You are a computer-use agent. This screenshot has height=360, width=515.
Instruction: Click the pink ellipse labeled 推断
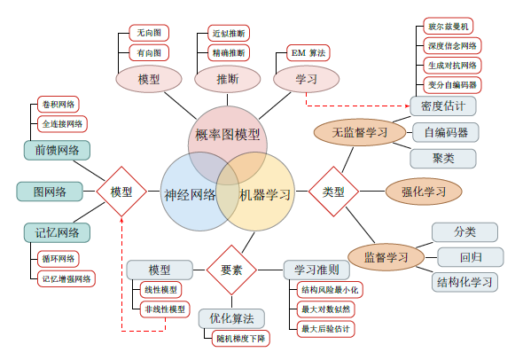pyautogui.click(x=227, y=79)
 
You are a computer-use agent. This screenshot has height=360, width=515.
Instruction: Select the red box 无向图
pyautogui.click(x=149, y=33)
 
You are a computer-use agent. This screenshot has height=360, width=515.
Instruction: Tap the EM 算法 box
pyautogui.click(x=308, y=53)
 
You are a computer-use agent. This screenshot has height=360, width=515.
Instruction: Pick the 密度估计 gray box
pyautogui.click(x=443, y=106)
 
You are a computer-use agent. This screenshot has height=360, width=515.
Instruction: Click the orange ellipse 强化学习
pyautogui.click(x=424, y=192)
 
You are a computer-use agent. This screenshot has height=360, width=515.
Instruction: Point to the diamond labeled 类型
pyautogui.click(x=333, y=192)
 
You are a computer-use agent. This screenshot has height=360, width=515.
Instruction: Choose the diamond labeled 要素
pyautogui.click(x=231, y=270)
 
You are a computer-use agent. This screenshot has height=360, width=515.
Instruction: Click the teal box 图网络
pyautogui.click(x=50, y=192)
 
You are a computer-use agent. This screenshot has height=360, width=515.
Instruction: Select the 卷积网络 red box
pyautogui.click(x=59, y=105)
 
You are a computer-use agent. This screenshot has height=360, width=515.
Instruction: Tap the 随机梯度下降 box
pyautogui.click(x=241, y=339)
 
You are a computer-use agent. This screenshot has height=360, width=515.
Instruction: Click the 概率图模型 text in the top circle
pyautogui.click(x=227, y=135)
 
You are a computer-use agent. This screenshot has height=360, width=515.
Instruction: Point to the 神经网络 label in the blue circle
pyautogui.click(x=190, y=195)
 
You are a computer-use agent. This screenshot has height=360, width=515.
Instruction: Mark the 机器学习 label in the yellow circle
pyautogui.click(x=265, y=195)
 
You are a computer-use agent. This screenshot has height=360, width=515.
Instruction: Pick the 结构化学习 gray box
pyautogui.click(x=464, y=282)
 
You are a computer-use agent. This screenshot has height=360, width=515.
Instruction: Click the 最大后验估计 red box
pyautogui.click(x=325, y=329)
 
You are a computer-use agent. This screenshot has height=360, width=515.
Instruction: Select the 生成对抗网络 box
pyautogui.click(x=452, y=66)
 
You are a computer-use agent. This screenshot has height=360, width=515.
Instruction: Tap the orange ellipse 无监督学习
pyautogui.click(x=360, y=133)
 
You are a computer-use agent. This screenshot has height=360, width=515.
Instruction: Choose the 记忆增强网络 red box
pyautogui.click(x=66, y=279)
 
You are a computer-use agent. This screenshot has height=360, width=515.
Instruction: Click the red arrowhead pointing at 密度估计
pyautogui.click(x=408, y=106)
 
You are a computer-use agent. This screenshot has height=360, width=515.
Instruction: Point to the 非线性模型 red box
pyautogui.click(x=165, y=309)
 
